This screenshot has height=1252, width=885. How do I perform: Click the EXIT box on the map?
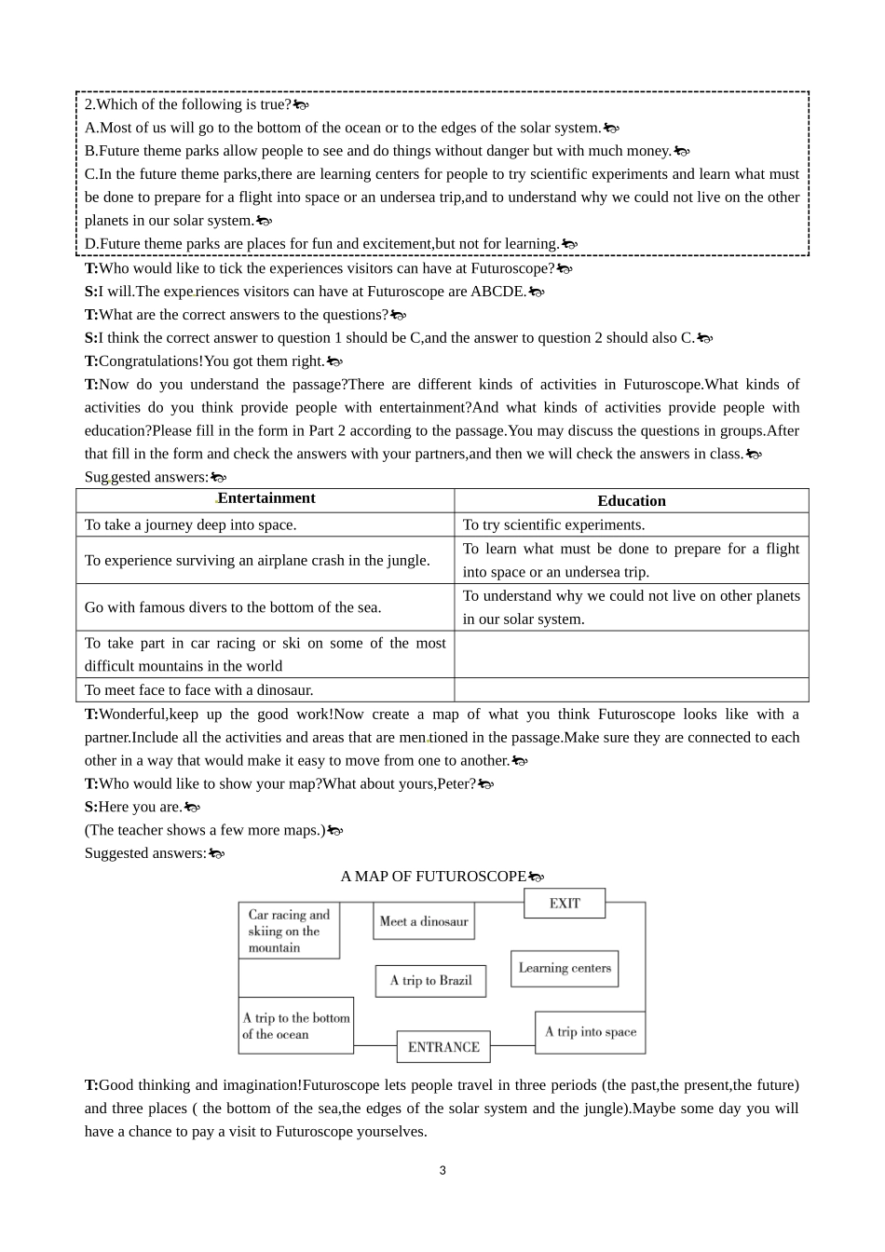(x=565, y=904)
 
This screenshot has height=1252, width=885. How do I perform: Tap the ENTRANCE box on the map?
(x=443, y=1047)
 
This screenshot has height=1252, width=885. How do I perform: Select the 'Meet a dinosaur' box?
(x=424, y=921)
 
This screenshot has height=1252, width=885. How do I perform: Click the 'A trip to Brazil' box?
(x=430, y=981)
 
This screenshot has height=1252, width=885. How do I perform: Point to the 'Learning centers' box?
(x=565, y=968)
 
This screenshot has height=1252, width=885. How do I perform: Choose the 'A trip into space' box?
(x=591, y=1032)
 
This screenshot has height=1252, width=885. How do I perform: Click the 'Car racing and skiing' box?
(x=289, y=931)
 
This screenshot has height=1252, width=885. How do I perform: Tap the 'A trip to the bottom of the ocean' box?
(x=296, y=1026)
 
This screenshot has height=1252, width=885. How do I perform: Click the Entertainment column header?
(x=266, y=498)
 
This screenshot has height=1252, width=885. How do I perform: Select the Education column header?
(x=632, y=501)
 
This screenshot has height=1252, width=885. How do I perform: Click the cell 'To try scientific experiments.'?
(x=553, y=525)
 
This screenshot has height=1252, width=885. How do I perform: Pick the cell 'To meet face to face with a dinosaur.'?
(x=199, y=690)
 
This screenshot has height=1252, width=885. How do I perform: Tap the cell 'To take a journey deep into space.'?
(x=191, y=525)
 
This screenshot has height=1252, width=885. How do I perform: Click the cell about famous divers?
(x=233, y=607)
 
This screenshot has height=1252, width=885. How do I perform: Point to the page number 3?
(x=442, y=1171)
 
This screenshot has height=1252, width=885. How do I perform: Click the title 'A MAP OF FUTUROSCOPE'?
(x=433, y=877)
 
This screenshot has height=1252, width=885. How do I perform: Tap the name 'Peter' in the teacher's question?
(x=456, y=784)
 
